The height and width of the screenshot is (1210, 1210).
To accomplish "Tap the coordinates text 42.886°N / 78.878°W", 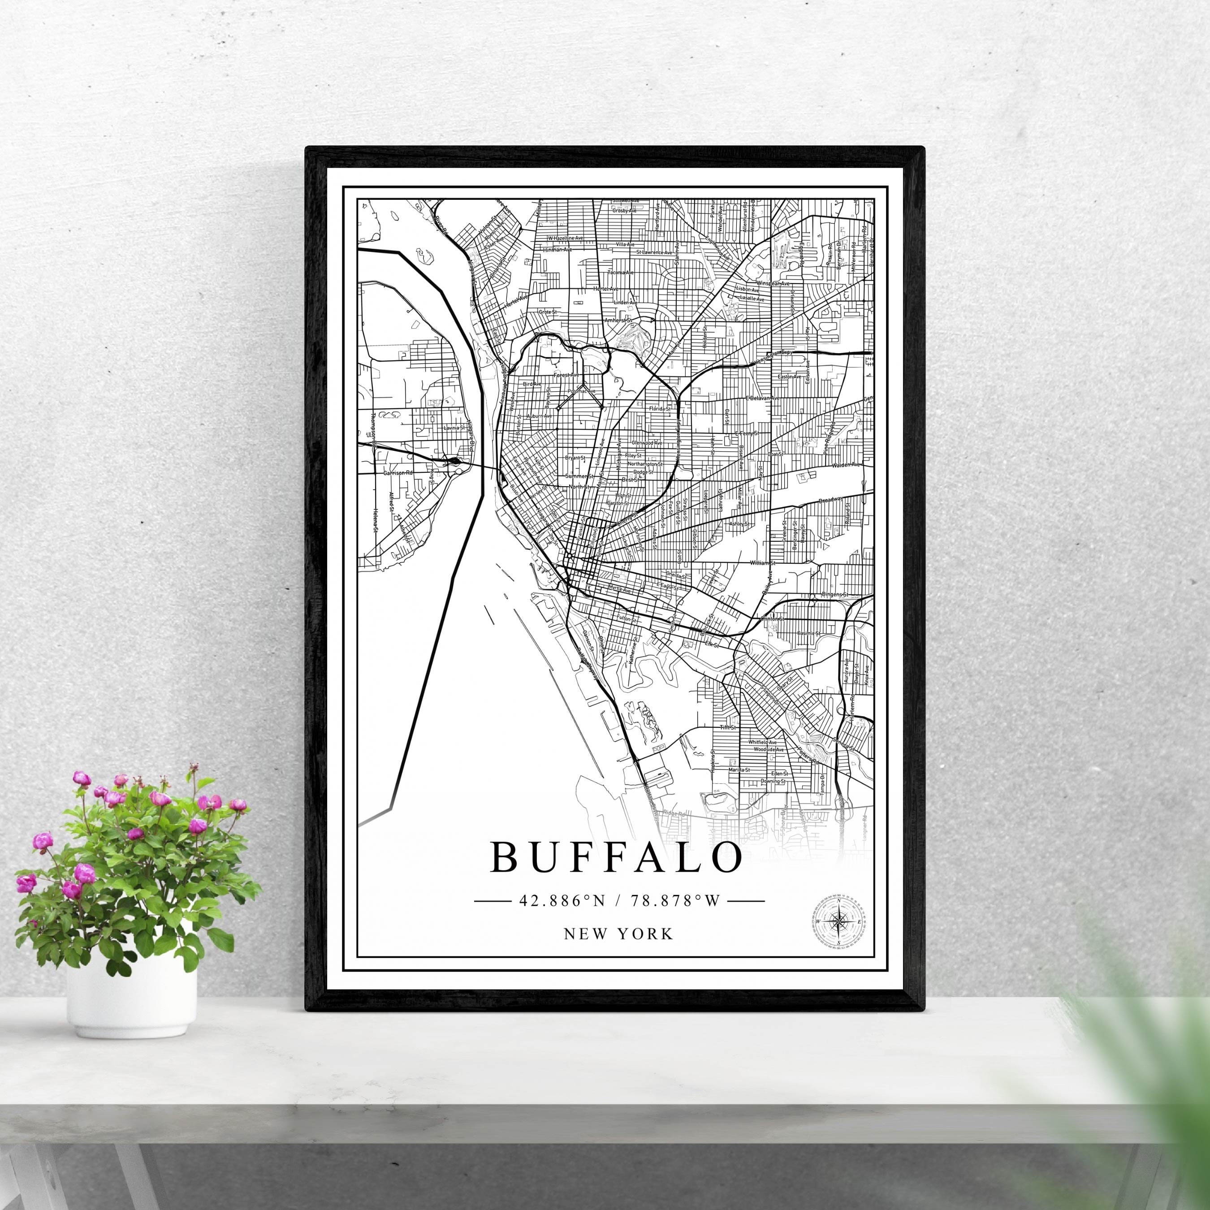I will pyautogui.click(x=619, y=901).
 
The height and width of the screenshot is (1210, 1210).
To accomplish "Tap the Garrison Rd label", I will pyautogui.click(x=399, y=473).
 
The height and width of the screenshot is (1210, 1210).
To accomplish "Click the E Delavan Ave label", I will pyautogui.click(x=761, y=398).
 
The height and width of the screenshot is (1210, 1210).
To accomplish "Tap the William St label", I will pyautogui.click(x=762, y=563).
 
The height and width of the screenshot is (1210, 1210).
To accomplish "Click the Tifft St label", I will pyautogui.click(x=726, y=728).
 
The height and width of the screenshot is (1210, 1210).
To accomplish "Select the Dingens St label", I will pyautogui.click(x=834, y=594).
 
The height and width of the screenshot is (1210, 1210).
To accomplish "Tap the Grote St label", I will pyautogui.click(x=548, y=311).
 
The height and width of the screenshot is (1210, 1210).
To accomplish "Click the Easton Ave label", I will pyautogui.click(x=789, y=376).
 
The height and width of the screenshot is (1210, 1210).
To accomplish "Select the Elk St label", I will pyautogui.click(x=710, y=643).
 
